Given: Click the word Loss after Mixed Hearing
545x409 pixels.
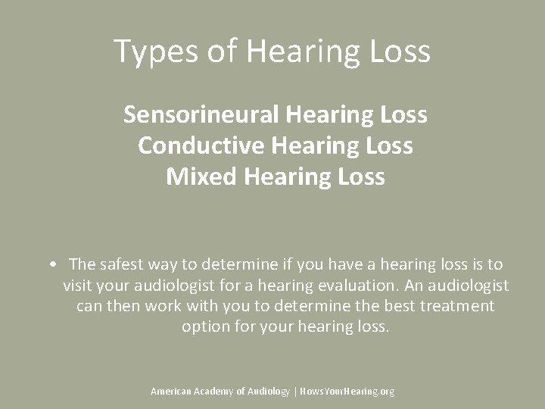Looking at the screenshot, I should pyautogui.click(x=359, y=176).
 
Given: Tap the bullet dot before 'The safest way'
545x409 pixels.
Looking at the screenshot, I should pyautogui.click(x=49, y=264).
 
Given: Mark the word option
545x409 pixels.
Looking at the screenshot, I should pyautogui.click(x=204, y=327).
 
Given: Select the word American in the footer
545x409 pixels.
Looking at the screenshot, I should pyautogui.click(x=171, y=391).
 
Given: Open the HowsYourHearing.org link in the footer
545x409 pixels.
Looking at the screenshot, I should pyautogui.click(x=347, y=391).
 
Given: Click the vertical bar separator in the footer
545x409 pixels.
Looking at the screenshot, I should pyautogui.click(x=295, y=391).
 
